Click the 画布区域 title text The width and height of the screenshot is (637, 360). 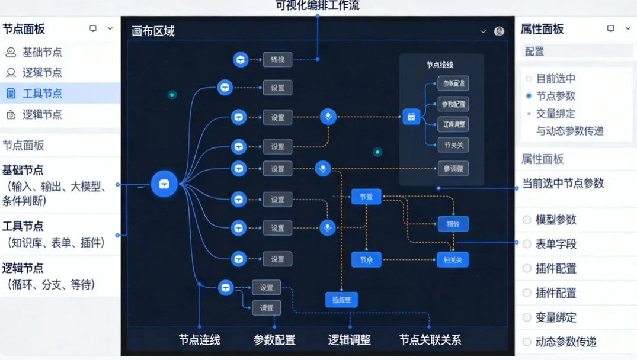coord(153,31)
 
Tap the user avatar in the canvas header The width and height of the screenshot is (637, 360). coord(500,31)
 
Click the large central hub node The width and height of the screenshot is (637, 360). coord(164,184)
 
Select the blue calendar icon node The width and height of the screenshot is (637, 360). coord(411,117)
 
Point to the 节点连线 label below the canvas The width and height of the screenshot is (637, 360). coord(199,340)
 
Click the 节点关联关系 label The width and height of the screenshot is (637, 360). coord(430,340)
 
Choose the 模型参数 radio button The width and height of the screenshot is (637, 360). coord(527,220)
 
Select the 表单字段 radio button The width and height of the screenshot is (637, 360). coord(527,244)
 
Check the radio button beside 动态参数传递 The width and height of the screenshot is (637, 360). coord(527,342)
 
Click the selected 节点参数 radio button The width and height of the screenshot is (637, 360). coord(529,96)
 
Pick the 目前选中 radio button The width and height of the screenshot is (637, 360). coord(529,78)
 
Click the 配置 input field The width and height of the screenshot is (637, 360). coord(576,52)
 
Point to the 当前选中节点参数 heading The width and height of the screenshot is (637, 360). coord(562,184)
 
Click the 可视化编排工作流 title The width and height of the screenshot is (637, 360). coord(318,6)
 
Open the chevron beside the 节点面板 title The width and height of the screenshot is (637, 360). coord(110,28)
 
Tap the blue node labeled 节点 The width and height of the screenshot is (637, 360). coord(366,259)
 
